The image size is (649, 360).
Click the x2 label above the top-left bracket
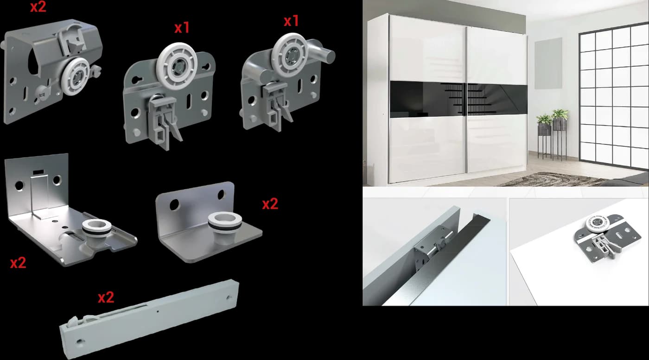(38, 7)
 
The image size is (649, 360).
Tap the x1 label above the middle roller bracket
(182, 28)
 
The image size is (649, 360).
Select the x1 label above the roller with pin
(291, 21)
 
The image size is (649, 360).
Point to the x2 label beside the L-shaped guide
(270, 204)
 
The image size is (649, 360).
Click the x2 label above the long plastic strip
(106, 297)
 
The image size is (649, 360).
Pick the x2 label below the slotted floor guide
(18, 263)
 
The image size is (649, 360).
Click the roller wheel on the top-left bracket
(76, 76)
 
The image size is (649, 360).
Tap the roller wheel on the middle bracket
(177, 67)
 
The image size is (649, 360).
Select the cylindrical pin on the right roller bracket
(322, 52)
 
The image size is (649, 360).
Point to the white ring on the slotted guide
(96, 227)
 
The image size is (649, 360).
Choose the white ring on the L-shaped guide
(224, 221)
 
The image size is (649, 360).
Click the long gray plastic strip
(150, 319)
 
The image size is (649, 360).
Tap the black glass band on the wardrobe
(458, 99)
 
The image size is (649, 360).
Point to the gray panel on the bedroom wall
(548, 63)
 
